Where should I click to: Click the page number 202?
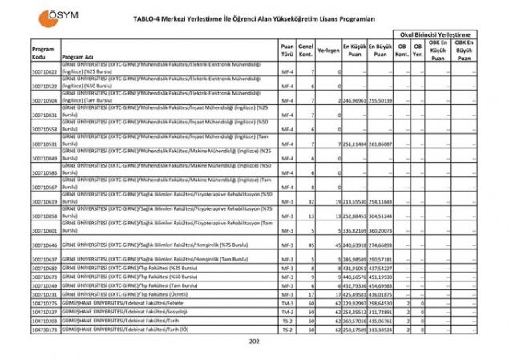pyautogui.click(x=255, y=342)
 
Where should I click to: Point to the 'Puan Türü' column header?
pyautogui.click(x=287, y=50)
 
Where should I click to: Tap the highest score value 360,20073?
pyautogui.click(x=381, y=230)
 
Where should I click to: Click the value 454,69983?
pyautogui.click(x=381, y=285)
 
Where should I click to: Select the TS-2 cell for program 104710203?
pyautogui.click(x=287, y=321)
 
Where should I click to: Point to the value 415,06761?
pyautogui.click(x=381, y=321)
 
